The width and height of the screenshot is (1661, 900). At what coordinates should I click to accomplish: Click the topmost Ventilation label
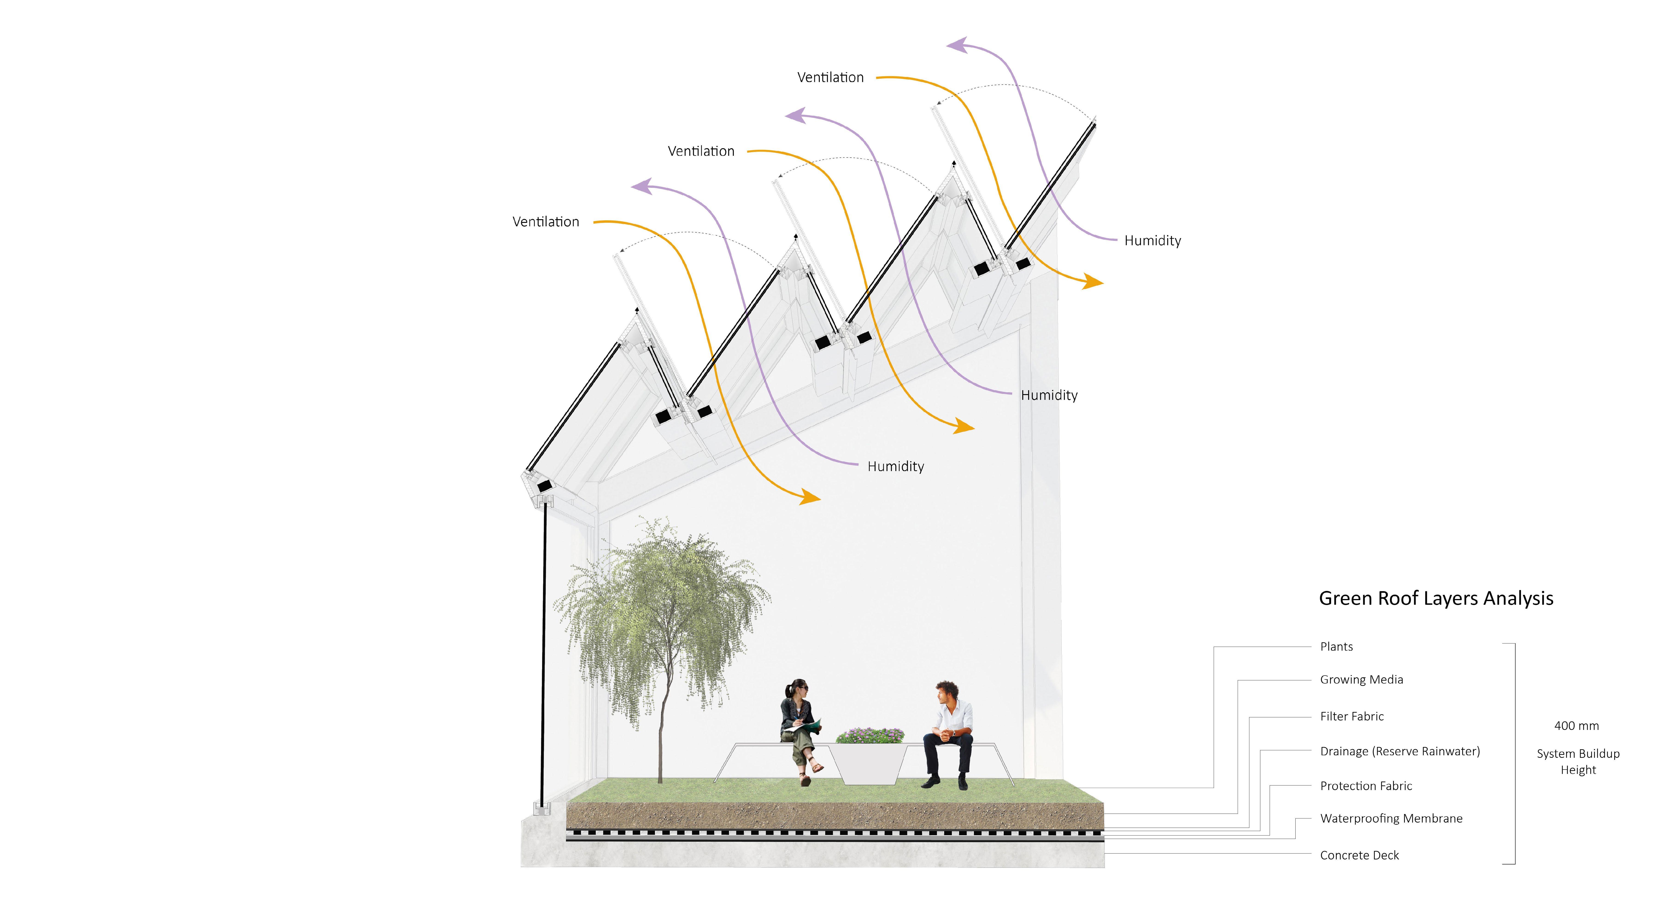(x=830, y=77)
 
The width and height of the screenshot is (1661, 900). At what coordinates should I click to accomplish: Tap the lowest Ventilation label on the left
(x=546, y=222)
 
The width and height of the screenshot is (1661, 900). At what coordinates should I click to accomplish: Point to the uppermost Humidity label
(x=1152, y=241)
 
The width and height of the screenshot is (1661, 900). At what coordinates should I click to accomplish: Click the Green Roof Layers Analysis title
(x=1436, y=598)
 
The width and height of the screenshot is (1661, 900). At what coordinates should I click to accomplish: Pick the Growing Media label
(x=1361, y=679)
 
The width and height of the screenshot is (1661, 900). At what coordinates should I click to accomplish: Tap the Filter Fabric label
(x=1352, y=716)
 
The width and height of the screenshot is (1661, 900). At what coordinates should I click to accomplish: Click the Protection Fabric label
(x=1366, y=786)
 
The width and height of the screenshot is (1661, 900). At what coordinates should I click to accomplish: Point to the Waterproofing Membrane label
(x=1391, y=818)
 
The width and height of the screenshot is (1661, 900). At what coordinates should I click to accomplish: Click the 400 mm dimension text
(x=1576, y=726)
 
